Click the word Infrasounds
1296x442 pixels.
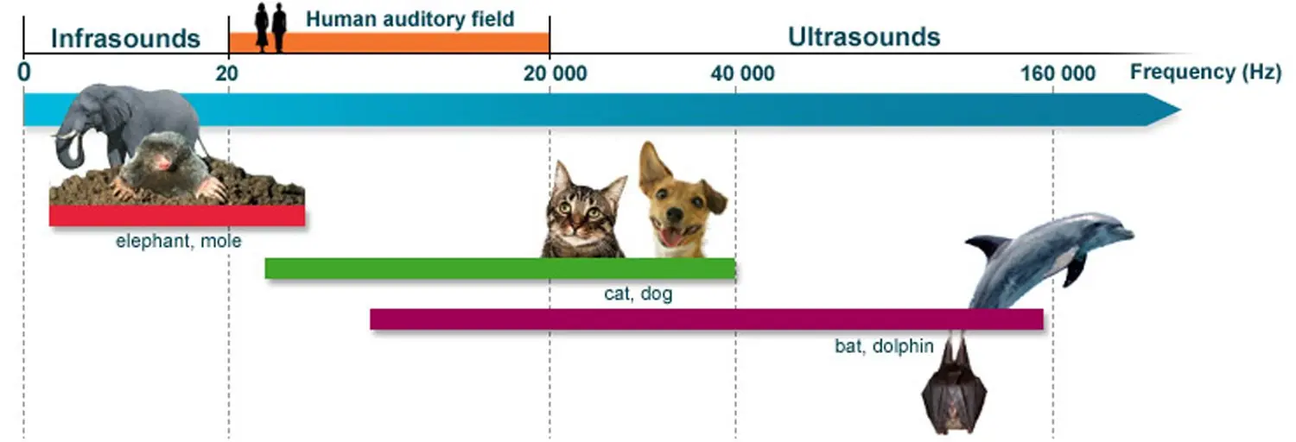pos(125,38)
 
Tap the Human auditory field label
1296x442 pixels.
pos(410,18)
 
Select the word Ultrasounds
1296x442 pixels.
pos(863,37)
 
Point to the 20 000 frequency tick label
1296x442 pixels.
pos(555,73)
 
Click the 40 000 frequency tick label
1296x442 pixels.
pos(742,73)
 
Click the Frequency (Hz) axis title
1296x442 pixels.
pos(1204,73)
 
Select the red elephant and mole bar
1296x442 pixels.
pos(176,216)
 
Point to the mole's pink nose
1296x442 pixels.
pos(162,163)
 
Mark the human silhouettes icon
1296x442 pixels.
pos(270,28)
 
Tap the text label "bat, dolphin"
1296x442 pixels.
pos(884,347)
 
